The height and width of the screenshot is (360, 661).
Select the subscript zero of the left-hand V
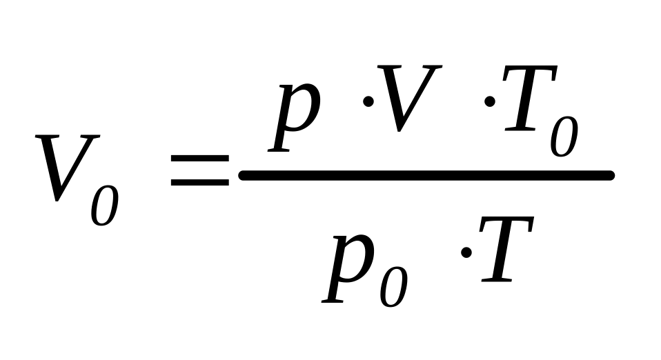(x=105, y=202)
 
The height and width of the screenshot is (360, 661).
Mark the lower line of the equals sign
(x=199, y=183)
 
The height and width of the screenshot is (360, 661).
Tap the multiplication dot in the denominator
(x=466, y=252)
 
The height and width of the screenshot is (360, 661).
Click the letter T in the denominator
(x=506, y=252)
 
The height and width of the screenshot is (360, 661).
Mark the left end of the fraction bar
(x=243, y=176)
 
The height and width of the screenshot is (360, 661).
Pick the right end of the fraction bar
(x=610, y=176)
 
